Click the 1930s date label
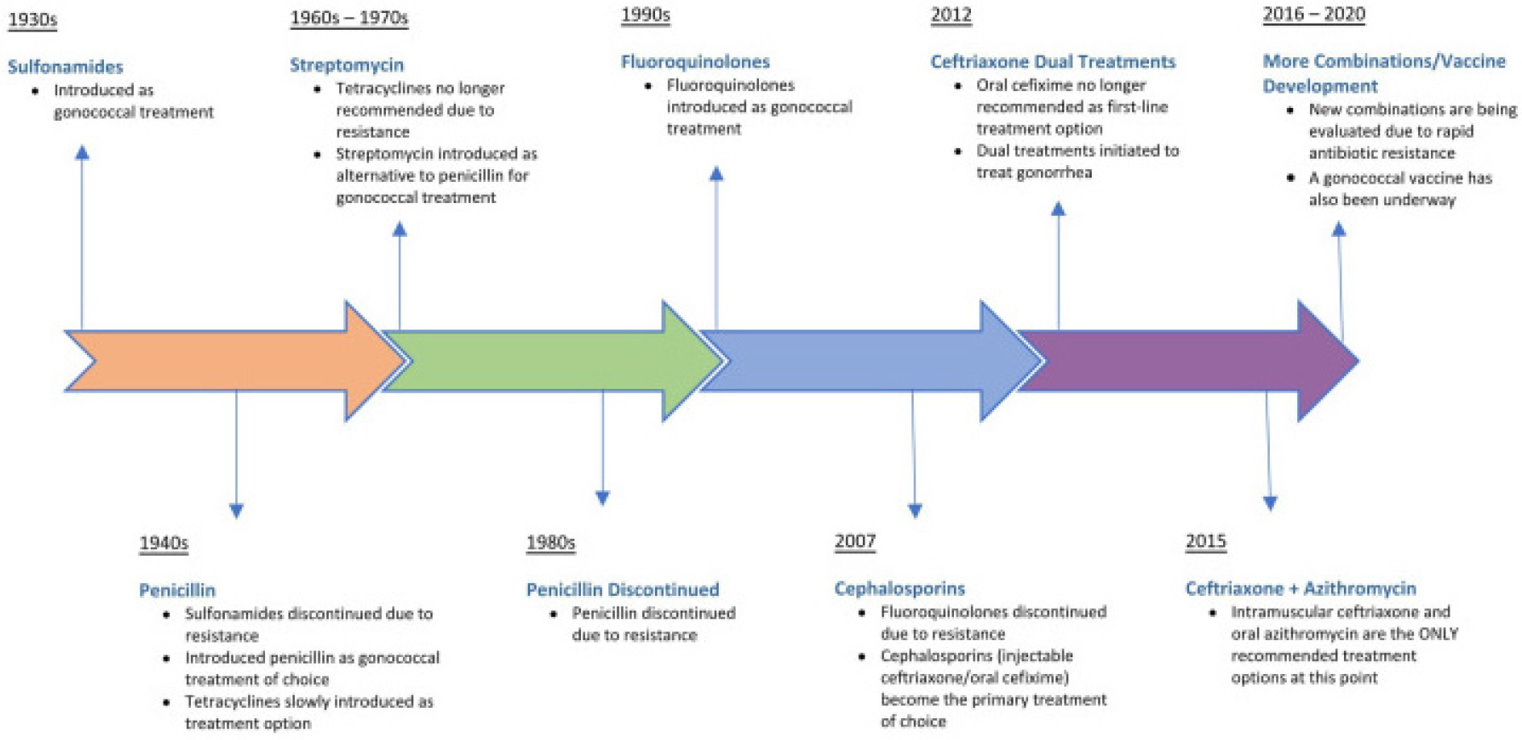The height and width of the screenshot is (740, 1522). (32, 19)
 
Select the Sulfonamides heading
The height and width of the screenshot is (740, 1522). (65, 67)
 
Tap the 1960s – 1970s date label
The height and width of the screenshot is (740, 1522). (349, 18)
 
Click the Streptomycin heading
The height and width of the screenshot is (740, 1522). (346, 65)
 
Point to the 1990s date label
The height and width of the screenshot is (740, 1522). (645, 15)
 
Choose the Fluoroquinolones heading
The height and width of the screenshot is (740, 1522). (695, 62)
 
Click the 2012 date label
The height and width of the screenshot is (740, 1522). (951, 15)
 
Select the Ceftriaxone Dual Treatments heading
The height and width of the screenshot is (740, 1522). (1052, 62)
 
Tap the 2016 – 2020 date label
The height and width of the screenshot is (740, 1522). (1313, 14)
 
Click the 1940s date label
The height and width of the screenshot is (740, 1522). (164, 544)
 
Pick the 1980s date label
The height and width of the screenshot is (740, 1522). (550, 543)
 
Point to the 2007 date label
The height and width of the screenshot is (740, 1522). (855, 541)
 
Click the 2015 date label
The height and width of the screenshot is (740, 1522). (1205, 541)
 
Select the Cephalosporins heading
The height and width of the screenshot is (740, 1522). (899, 589)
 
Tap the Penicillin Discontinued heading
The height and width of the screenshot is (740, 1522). (622, 589)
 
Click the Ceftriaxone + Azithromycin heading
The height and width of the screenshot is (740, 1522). (1300, 589)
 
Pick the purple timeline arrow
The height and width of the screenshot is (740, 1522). (1189, 361)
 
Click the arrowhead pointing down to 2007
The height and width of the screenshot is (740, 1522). (914, 511)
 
